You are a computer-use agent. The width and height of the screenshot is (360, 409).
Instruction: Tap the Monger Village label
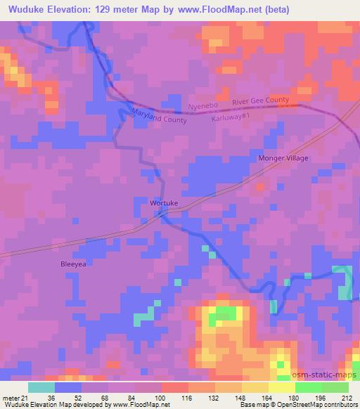tap(284, 159)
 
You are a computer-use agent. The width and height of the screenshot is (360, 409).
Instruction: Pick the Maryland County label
tap(159, 116)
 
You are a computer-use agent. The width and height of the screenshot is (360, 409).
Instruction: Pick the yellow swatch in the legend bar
tap(281, 387)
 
